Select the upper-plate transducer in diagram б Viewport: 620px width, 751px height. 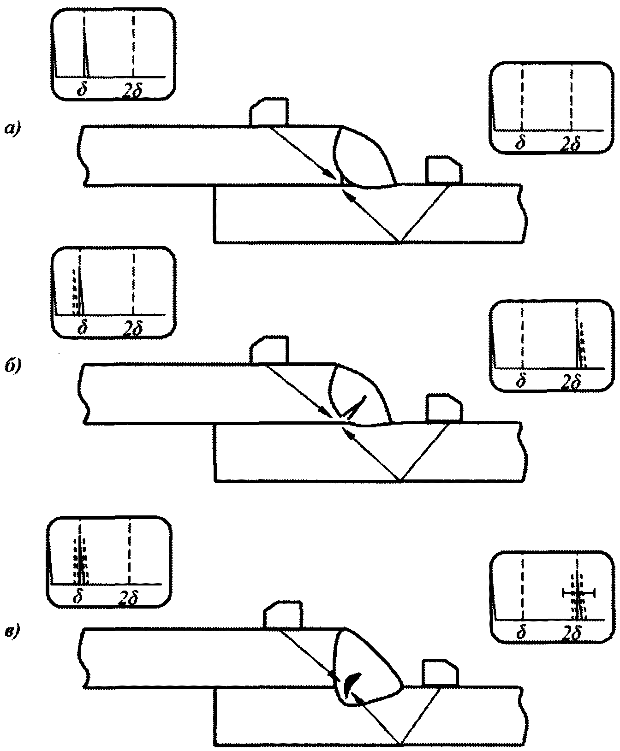(x=269, y=349)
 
